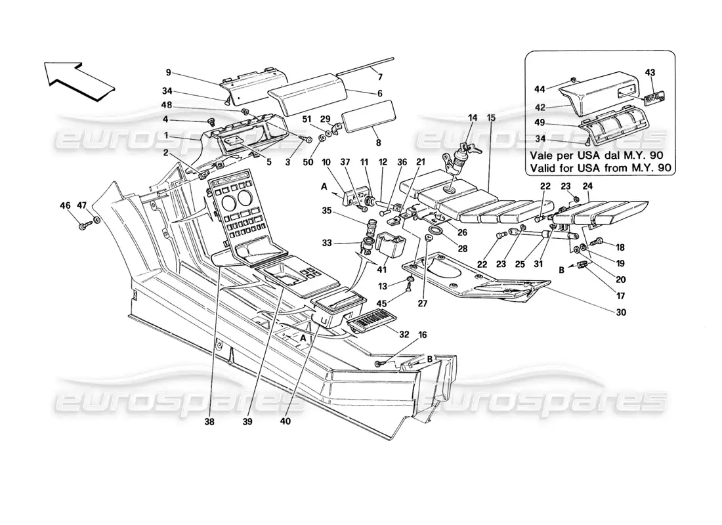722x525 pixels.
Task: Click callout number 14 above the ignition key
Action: pos(472,118)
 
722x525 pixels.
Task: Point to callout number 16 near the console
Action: pos(422,335)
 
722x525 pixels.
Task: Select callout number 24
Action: pos(587,185)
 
